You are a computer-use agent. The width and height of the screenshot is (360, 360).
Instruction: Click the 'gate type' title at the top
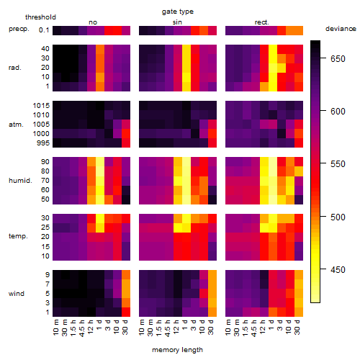178,12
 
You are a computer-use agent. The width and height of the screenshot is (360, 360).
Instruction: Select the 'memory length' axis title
177,350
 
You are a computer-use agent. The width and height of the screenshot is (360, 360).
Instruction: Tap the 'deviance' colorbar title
341,29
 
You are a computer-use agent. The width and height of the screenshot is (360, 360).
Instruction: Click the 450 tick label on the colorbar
338,269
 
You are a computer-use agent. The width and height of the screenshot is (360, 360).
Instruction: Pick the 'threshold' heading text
40,17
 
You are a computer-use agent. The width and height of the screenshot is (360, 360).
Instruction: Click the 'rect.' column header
262,22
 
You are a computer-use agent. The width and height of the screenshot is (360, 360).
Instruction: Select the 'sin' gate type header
177,22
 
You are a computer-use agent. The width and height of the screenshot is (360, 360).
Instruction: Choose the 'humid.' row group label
20,181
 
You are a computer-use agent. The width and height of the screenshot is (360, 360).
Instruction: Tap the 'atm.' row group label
16,125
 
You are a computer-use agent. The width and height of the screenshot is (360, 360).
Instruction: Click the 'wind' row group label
17,294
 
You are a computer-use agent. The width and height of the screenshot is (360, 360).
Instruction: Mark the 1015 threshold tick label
41,106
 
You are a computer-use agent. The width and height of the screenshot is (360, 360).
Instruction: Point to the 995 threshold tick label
43,143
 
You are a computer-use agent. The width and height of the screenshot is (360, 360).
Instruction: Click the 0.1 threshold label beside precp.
44,30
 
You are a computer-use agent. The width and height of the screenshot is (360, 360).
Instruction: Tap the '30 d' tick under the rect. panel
297,328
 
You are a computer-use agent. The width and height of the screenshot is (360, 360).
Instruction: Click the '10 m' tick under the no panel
55,328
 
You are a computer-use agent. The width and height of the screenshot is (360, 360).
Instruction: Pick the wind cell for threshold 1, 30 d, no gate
126,312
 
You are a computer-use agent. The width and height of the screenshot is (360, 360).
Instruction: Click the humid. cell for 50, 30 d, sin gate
212,199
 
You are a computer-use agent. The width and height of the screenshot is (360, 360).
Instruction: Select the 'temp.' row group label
18,236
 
